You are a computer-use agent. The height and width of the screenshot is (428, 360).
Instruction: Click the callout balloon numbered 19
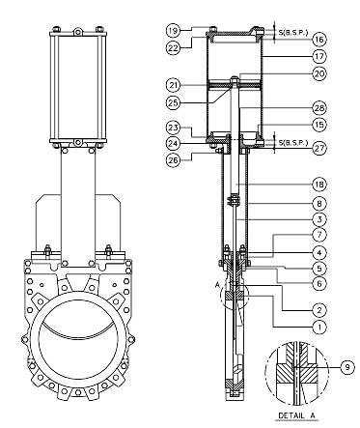[x=174, y=31]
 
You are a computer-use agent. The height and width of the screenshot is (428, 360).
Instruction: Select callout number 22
[x=174, y=48]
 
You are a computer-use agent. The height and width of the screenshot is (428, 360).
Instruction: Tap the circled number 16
[x=319, y=40]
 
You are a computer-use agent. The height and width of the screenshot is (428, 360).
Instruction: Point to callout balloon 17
[x=319, y=56]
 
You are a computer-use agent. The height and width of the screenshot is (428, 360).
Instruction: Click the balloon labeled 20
[x=319, y=73]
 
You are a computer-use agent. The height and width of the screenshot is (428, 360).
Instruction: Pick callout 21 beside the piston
[x=174, y=85]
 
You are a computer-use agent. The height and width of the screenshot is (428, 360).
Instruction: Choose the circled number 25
[x=174, y=102]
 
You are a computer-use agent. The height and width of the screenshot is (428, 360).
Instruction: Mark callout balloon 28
[x=319, y=108]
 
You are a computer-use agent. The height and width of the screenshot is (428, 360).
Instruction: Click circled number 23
[x=174, y=128]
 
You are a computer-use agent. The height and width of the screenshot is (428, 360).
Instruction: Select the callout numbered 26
[x=174, y=160]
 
